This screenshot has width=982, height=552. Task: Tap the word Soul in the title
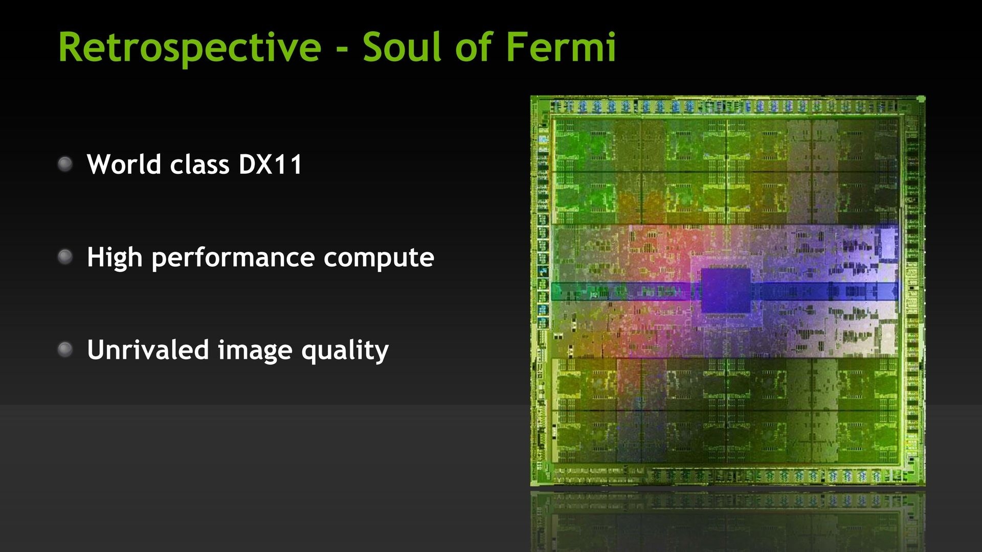401,47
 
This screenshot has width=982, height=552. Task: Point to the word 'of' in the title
473,47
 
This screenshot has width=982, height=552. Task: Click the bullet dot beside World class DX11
65,164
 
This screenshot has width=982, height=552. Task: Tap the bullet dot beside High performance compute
65,257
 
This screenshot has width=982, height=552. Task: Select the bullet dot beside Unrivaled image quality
65,350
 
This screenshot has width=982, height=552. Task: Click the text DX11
271,165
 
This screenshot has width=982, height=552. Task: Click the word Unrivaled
148,350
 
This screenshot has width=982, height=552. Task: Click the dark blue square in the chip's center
725,290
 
